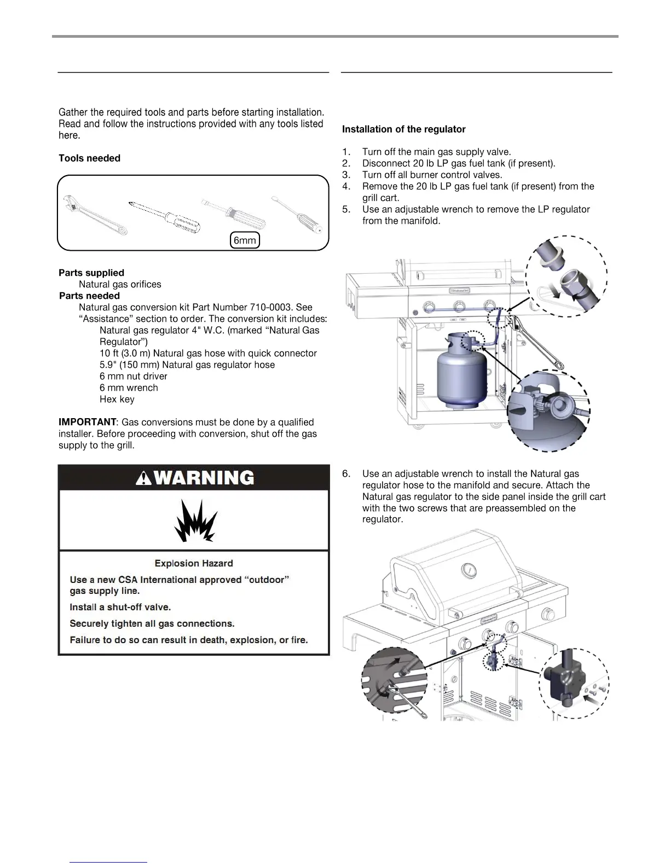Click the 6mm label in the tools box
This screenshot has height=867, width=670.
(245, 240)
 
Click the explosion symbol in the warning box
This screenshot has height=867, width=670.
(195, 521)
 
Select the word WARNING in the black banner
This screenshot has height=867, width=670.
(204, 478)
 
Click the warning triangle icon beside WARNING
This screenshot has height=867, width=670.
(144, 478)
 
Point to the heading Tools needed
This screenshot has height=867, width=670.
(89, 158)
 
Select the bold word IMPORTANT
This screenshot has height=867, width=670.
(87, 422)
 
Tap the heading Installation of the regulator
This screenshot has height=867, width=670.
(403, 129)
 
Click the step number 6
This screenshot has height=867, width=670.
(346, 473)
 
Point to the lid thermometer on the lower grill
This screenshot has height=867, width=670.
(469, 570)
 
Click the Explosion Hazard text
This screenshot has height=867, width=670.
(194, 563)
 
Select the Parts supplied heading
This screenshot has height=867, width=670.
(91, 273)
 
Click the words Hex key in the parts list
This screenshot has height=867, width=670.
(117, 399)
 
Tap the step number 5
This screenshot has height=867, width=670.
(346, 209)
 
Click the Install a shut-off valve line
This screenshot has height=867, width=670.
(120, 607)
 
